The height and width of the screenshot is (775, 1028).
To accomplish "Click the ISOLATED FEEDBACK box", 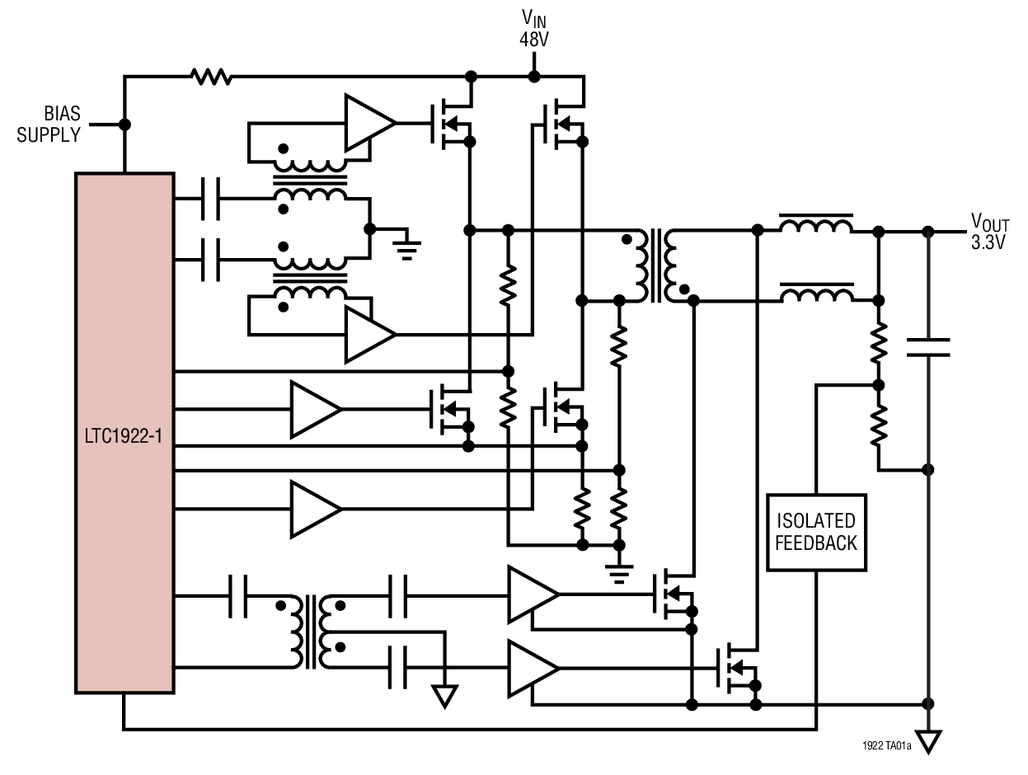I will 816,532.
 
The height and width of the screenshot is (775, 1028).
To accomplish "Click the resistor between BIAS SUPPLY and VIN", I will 211,77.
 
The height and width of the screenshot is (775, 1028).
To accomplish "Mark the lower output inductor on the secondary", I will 816,294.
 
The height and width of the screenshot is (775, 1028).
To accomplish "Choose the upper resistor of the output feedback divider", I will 879,342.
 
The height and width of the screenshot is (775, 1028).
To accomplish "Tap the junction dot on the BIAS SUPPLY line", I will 124,124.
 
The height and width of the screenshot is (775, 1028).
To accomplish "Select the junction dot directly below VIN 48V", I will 533,77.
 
